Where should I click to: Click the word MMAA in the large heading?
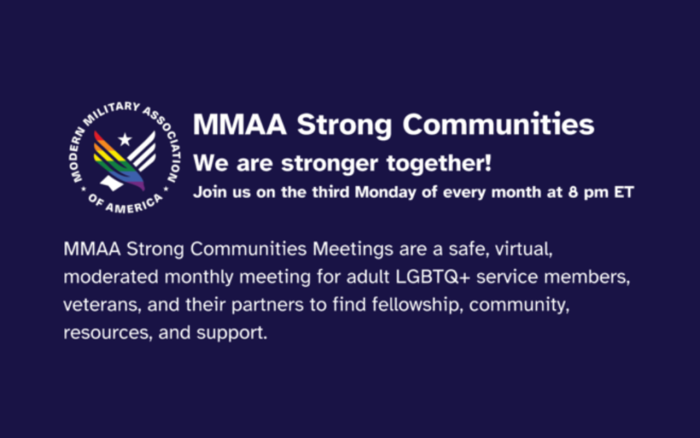click(x=240, y=124)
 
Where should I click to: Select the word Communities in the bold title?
click(x=498, y=124)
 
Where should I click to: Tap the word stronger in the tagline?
click(x=329, y=164)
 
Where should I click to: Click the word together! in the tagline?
click(x=439, y=163)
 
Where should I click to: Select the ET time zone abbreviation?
click(x=624, y=192)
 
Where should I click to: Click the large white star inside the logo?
click(x=125, y=140)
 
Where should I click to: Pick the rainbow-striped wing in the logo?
click(x=118, y=160)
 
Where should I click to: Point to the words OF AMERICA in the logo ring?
click(x=126, y=204)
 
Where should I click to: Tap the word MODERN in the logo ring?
click(x=77, y=154)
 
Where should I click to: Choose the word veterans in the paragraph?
click(x=102, y=305)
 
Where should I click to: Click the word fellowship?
click(x=417, y=304)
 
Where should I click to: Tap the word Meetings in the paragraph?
click(x=353, y=249)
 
